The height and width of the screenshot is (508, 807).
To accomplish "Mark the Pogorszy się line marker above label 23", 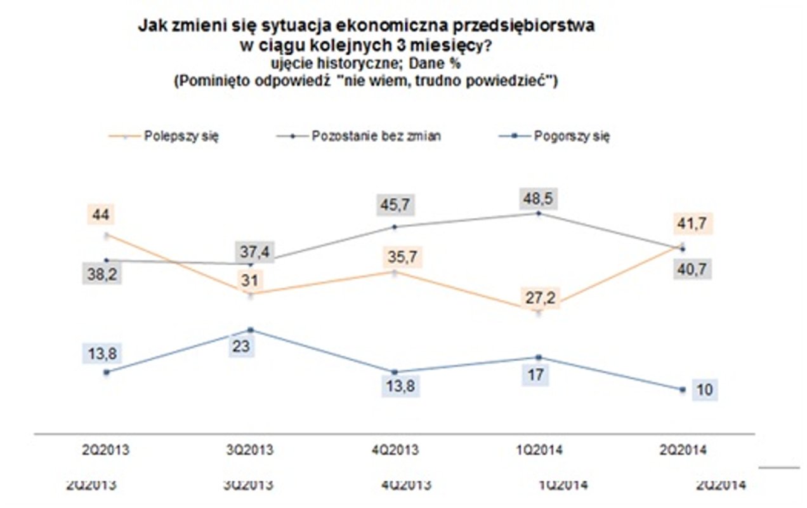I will pos(251,330).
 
